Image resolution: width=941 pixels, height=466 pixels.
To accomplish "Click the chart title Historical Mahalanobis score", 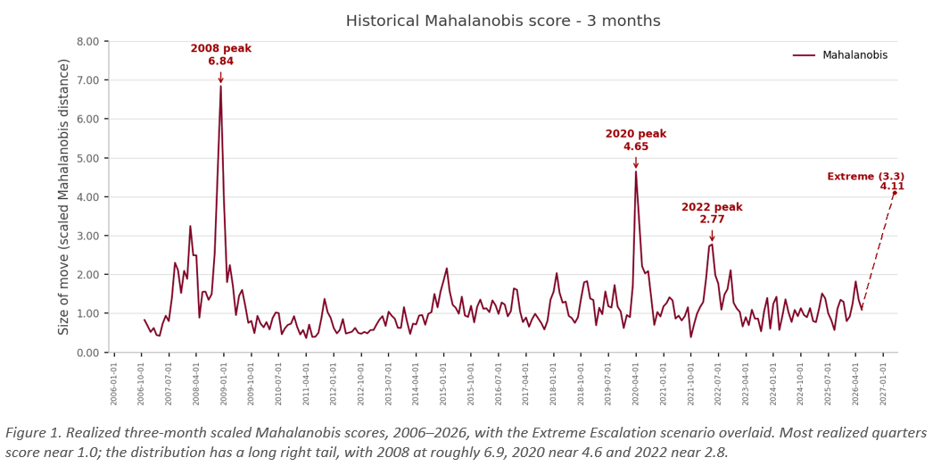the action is (468, 21).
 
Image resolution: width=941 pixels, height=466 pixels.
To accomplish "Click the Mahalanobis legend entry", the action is (840, 54).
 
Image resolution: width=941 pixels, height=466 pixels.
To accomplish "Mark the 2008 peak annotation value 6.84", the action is (221, 62).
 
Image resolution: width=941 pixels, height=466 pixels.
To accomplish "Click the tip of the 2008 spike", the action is (221, 86).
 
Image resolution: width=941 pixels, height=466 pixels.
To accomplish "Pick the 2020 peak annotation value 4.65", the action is (636, 146).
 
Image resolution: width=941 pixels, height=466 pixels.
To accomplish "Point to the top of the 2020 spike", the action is (636, 171).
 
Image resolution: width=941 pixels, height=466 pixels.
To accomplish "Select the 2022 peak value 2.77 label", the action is (712, 220).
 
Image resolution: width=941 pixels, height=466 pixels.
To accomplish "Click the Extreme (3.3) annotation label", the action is (865, 176).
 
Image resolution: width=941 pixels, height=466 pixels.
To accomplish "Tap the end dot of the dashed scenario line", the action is (895, 193).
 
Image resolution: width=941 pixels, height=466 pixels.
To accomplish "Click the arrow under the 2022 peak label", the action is (712, 236).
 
